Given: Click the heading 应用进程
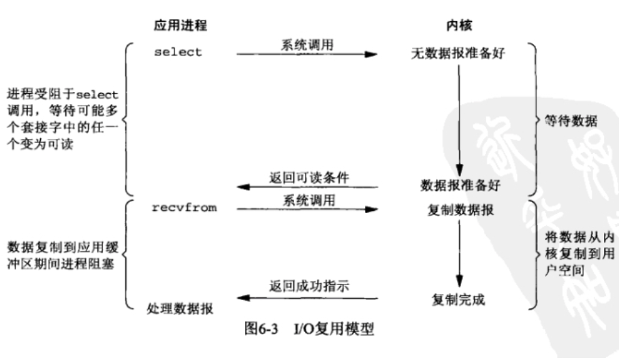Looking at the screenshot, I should (x=180, y=26).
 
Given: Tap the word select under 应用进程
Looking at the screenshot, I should (x=179, y=52).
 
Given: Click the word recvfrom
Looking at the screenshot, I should (x=184, y=208).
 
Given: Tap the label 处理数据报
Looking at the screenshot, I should (x=180, y=308).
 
